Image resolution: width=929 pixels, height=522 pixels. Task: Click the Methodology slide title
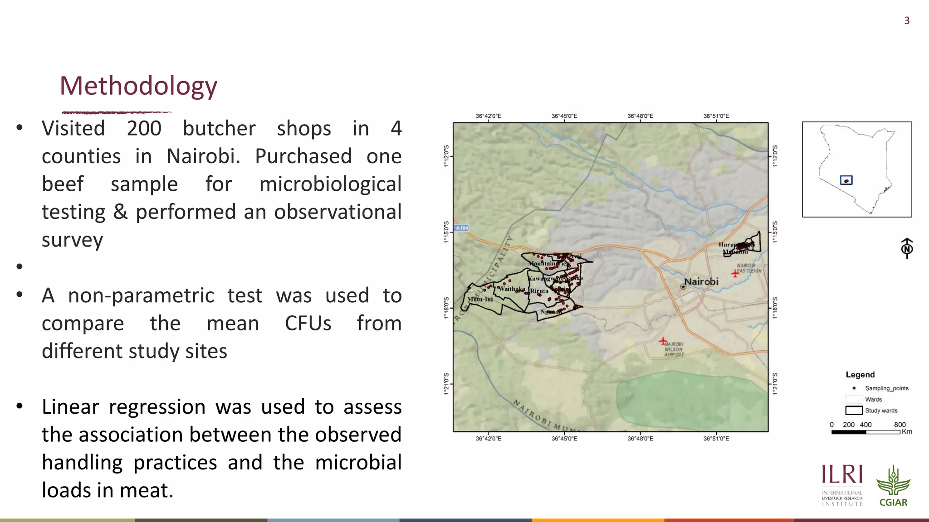[x=138, y=86]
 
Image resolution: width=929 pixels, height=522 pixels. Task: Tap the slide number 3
[x=906, y=21]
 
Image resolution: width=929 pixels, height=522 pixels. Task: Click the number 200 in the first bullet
[x=144, y=129]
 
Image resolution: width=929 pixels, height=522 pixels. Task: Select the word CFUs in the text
[x=308, y=324]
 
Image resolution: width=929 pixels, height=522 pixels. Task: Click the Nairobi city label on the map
[x=701, y=282]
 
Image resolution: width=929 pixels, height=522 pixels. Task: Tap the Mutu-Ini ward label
[x=480, y=300]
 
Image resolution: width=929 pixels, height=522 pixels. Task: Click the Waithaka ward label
[x=512, y=289]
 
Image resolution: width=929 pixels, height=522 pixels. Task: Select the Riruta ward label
[x=539, y=291]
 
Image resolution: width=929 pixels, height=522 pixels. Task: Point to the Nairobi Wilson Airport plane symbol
[x=663, y=341]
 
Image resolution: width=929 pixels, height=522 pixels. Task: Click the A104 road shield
[x=461, y=228]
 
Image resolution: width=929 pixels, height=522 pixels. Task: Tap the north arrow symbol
[x=907, y=248]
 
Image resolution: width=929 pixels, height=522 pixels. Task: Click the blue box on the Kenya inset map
[x=846, y=180]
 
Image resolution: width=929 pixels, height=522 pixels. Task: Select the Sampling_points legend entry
[x=886, y=388]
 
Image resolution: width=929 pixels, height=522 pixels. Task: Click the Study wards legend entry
[x=880, y=411]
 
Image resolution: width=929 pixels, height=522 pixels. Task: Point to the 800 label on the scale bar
[x=900, y=425]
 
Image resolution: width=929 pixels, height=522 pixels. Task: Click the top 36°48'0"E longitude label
[x=640, y=116]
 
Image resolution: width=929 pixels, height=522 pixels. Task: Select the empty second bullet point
[x=20, y=266]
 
